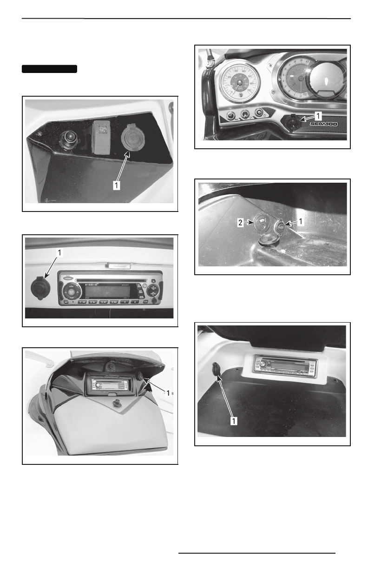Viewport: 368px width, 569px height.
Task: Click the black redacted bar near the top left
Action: coord(49,69)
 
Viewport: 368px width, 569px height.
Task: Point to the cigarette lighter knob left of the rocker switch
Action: coord(68,138)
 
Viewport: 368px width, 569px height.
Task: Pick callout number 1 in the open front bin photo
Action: coord(168,393)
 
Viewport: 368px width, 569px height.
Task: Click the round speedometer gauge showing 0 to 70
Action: coord(239,82)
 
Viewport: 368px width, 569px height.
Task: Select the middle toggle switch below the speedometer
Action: coord(244,113)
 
